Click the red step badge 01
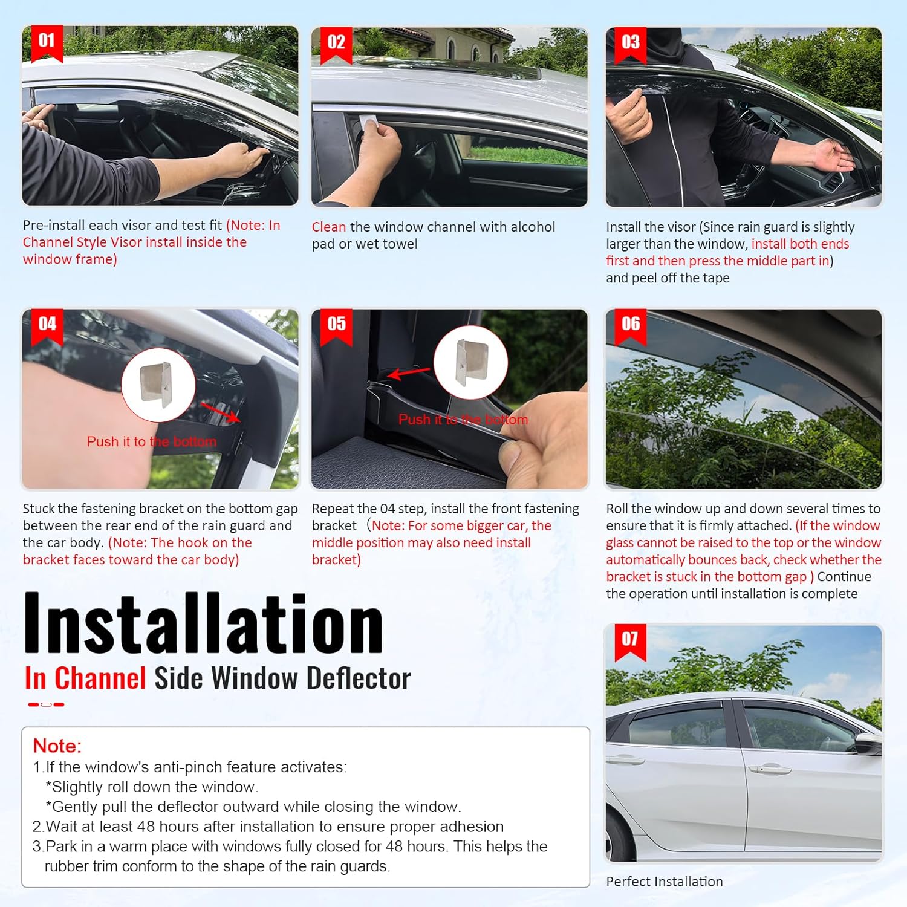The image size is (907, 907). point(47,42)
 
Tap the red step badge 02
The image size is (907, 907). point(336,44)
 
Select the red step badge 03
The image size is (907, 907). point(630,44)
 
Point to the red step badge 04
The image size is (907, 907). point(47,325)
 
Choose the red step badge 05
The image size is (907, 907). point(336,325)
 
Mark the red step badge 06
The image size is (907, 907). point(630,325)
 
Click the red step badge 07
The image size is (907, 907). point(630,640)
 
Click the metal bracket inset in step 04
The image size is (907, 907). point(158,385)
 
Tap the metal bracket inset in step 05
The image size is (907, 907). point(470,362)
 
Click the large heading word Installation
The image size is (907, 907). point(203,624)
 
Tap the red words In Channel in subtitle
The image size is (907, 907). point(85,678)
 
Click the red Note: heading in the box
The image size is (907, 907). point(57,746)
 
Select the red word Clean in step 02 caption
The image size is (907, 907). point(329,227)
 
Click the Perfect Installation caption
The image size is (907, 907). point(664,882)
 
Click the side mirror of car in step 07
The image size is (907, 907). point(868,745)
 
